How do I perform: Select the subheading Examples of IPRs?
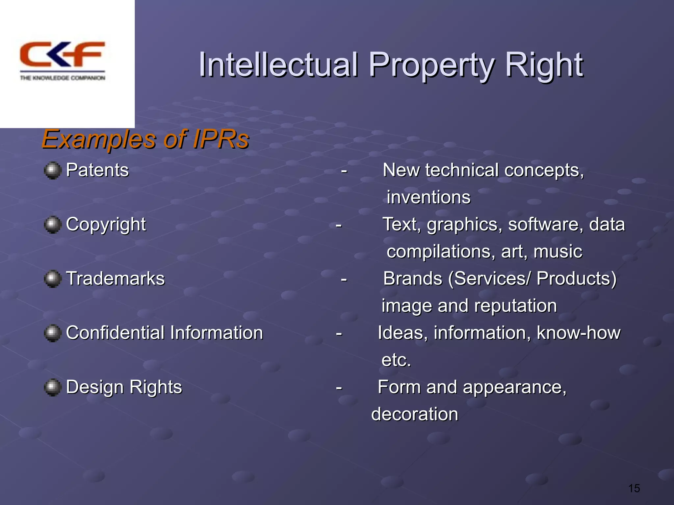coord(145,139)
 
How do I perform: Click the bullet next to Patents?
coord(52,170)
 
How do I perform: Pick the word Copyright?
coord(106,225)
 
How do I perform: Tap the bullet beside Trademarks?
coord(52,279)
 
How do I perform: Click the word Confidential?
coord(115,333)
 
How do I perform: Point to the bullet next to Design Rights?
coord(52,387)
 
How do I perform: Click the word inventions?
coord(428,197)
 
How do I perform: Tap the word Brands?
coord(413,279)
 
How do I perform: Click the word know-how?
coord(579,333)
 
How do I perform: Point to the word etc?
coord(396,360)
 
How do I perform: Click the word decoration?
coord(415,414)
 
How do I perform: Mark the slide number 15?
coord(634,489)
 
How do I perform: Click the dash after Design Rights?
coord(339,388)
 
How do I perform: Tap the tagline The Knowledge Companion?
coord(63,78)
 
